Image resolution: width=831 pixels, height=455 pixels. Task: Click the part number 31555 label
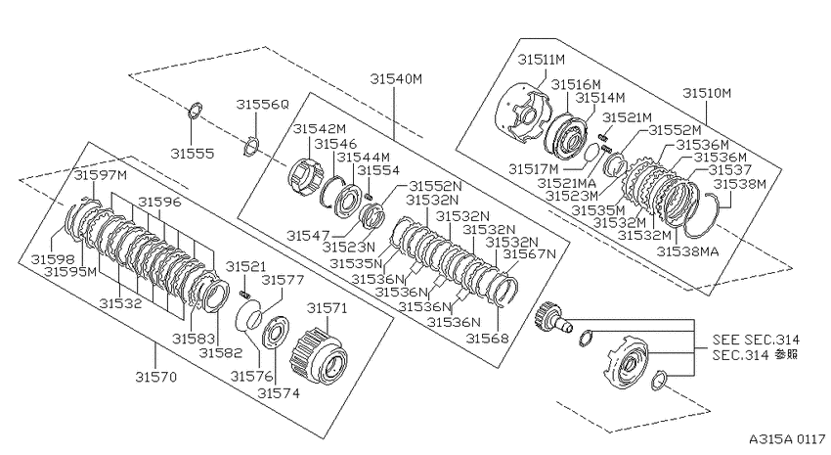(x=193, y=154)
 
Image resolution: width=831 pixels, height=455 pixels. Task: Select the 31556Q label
(x=263, y=105)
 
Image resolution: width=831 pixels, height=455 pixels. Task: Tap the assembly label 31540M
(x=396, y=79)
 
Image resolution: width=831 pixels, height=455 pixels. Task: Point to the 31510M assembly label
(x=707, y=93)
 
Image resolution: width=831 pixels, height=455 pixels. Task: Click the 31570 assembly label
(x=155, y=377)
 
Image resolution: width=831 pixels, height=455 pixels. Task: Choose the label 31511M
(x=541, y=60)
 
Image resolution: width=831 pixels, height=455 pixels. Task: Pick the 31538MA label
(x=688, y=251)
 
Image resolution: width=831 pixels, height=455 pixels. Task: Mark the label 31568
(x=487, y=339)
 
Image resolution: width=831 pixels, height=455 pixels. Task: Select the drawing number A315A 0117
(x=787, y=439)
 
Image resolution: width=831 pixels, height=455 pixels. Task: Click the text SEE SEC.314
(x=756, y=340)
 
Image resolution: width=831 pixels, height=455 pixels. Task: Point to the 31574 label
(x=279, y=393)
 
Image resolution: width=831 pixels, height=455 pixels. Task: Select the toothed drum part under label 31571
(x=319, y=352)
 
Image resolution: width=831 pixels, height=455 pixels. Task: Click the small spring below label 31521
(x=244, y=294)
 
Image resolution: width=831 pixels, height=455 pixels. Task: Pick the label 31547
(x=308, y=236)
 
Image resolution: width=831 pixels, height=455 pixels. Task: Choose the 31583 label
(x=193, y=339)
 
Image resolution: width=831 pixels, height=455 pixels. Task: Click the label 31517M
(x=534, y=169)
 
